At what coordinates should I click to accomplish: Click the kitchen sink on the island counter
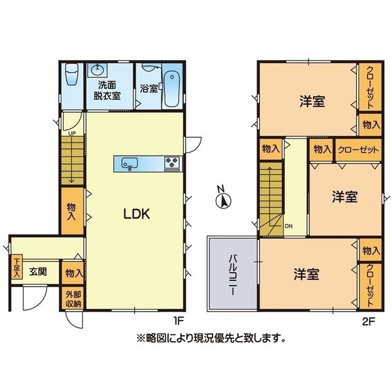tap(130, 164)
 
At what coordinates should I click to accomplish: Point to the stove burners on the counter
tap(171, 164)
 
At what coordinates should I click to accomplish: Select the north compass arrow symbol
tap(224, 199)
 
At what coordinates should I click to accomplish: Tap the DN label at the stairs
tap(288, 226)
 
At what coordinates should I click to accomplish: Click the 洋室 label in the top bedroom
tap(312, 101)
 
